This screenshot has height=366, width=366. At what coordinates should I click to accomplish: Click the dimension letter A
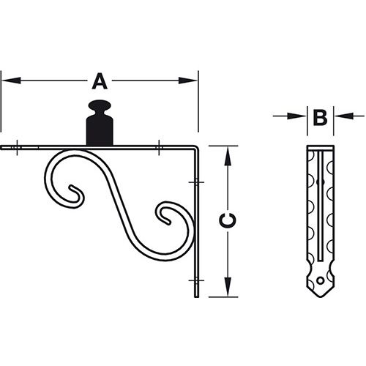point(100,81)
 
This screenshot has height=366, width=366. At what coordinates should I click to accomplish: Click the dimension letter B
point(320,118)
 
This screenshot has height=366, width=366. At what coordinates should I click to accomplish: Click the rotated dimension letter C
point(227,220)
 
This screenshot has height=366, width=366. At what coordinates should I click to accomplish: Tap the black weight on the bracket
point(100,122)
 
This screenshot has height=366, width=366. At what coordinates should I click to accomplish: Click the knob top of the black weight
point(100,105)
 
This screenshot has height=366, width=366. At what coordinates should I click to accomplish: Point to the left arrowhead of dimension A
point(11,81)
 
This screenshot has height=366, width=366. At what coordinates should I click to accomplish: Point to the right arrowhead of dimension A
point(188,81)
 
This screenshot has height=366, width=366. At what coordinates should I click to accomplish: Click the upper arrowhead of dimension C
point(228,156)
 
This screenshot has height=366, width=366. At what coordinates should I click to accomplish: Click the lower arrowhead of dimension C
point(228,287)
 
